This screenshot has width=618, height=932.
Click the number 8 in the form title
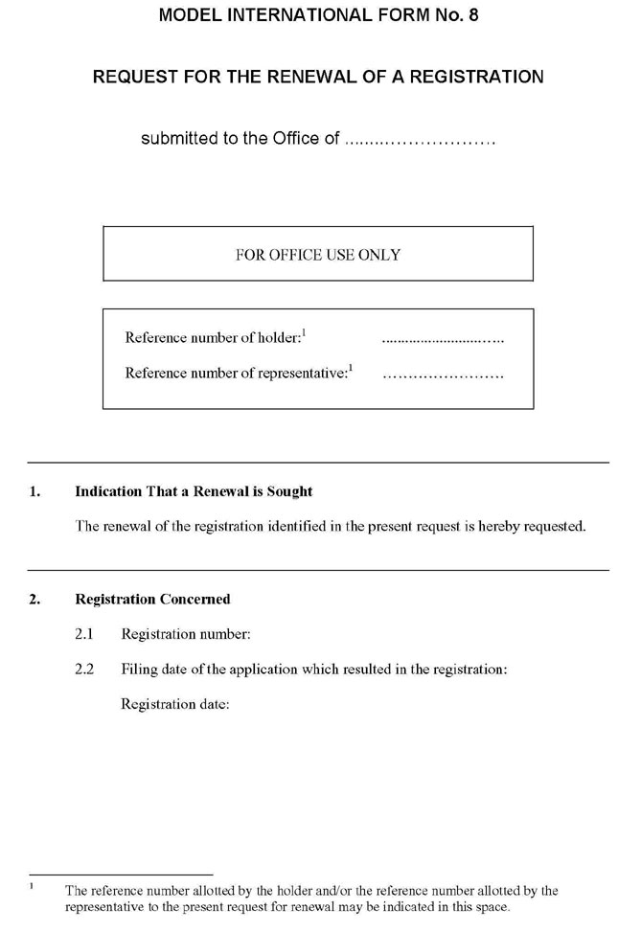[472, 15]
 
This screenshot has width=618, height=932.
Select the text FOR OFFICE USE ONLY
[318, 255]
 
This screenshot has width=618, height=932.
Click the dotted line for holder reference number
[443, 339]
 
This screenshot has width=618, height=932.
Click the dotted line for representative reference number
[443, 375]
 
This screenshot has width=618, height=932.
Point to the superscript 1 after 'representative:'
[351, 368]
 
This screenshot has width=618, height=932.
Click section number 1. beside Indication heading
[34, 492]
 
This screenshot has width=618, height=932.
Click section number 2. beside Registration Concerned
[34, 600]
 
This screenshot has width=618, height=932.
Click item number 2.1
[84, 634]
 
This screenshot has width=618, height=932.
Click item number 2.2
[84, 670]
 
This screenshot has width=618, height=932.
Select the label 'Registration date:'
[175, 704]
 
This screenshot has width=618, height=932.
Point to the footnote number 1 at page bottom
[32, 887]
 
